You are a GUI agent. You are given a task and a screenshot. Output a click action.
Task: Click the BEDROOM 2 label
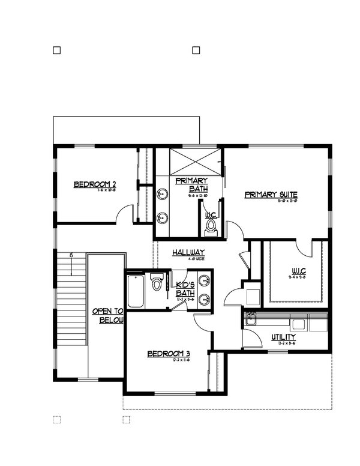tap(95, 184)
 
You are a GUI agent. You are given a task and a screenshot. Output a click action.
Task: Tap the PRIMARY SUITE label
tap(271, 195)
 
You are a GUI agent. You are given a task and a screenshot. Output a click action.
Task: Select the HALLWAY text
tap(188, 253)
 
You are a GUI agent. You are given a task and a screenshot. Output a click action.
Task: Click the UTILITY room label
tap(283, 337)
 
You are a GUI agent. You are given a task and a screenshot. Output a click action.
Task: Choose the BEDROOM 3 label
tap(169, 354)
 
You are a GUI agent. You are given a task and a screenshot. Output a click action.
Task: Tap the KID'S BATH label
tap(185, 289)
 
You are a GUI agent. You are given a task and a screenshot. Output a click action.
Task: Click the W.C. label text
tap(211, 215)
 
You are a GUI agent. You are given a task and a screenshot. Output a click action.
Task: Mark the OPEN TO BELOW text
tap(107, 316)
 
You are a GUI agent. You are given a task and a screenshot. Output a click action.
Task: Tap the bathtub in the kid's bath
tap(136, 292)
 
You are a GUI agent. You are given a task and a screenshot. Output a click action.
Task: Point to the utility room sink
tap(251, 318)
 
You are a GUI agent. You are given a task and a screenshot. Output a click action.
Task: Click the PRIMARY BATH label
tap(191, 184)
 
